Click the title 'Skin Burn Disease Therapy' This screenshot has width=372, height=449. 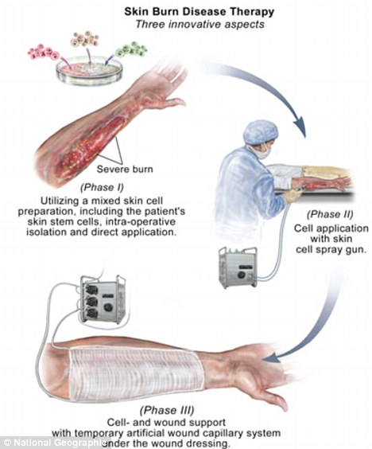click(200, 11)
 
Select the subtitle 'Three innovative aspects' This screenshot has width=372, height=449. click(200, 24)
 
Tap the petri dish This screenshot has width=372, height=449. click(89, 71)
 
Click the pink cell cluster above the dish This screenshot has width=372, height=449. click(43, 52)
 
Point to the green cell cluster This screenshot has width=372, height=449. click(131, 49)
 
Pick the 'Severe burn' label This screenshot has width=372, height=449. click(125, 169)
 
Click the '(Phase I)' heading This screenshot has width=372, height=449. click(102, 187)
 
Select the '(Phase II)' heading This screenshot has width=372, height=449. click(330, 214)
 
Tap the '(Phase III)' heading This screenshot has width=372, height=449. click(167, 410)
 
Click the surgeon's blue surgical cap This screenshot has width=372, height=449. click(261, 132)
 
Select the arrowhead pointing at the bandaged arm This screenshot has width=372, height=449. click(274, 358)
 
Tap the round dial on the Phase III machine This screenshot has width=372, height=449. click(109, 307)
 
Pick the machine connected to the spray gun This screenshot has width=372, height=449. click(238, 267)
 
